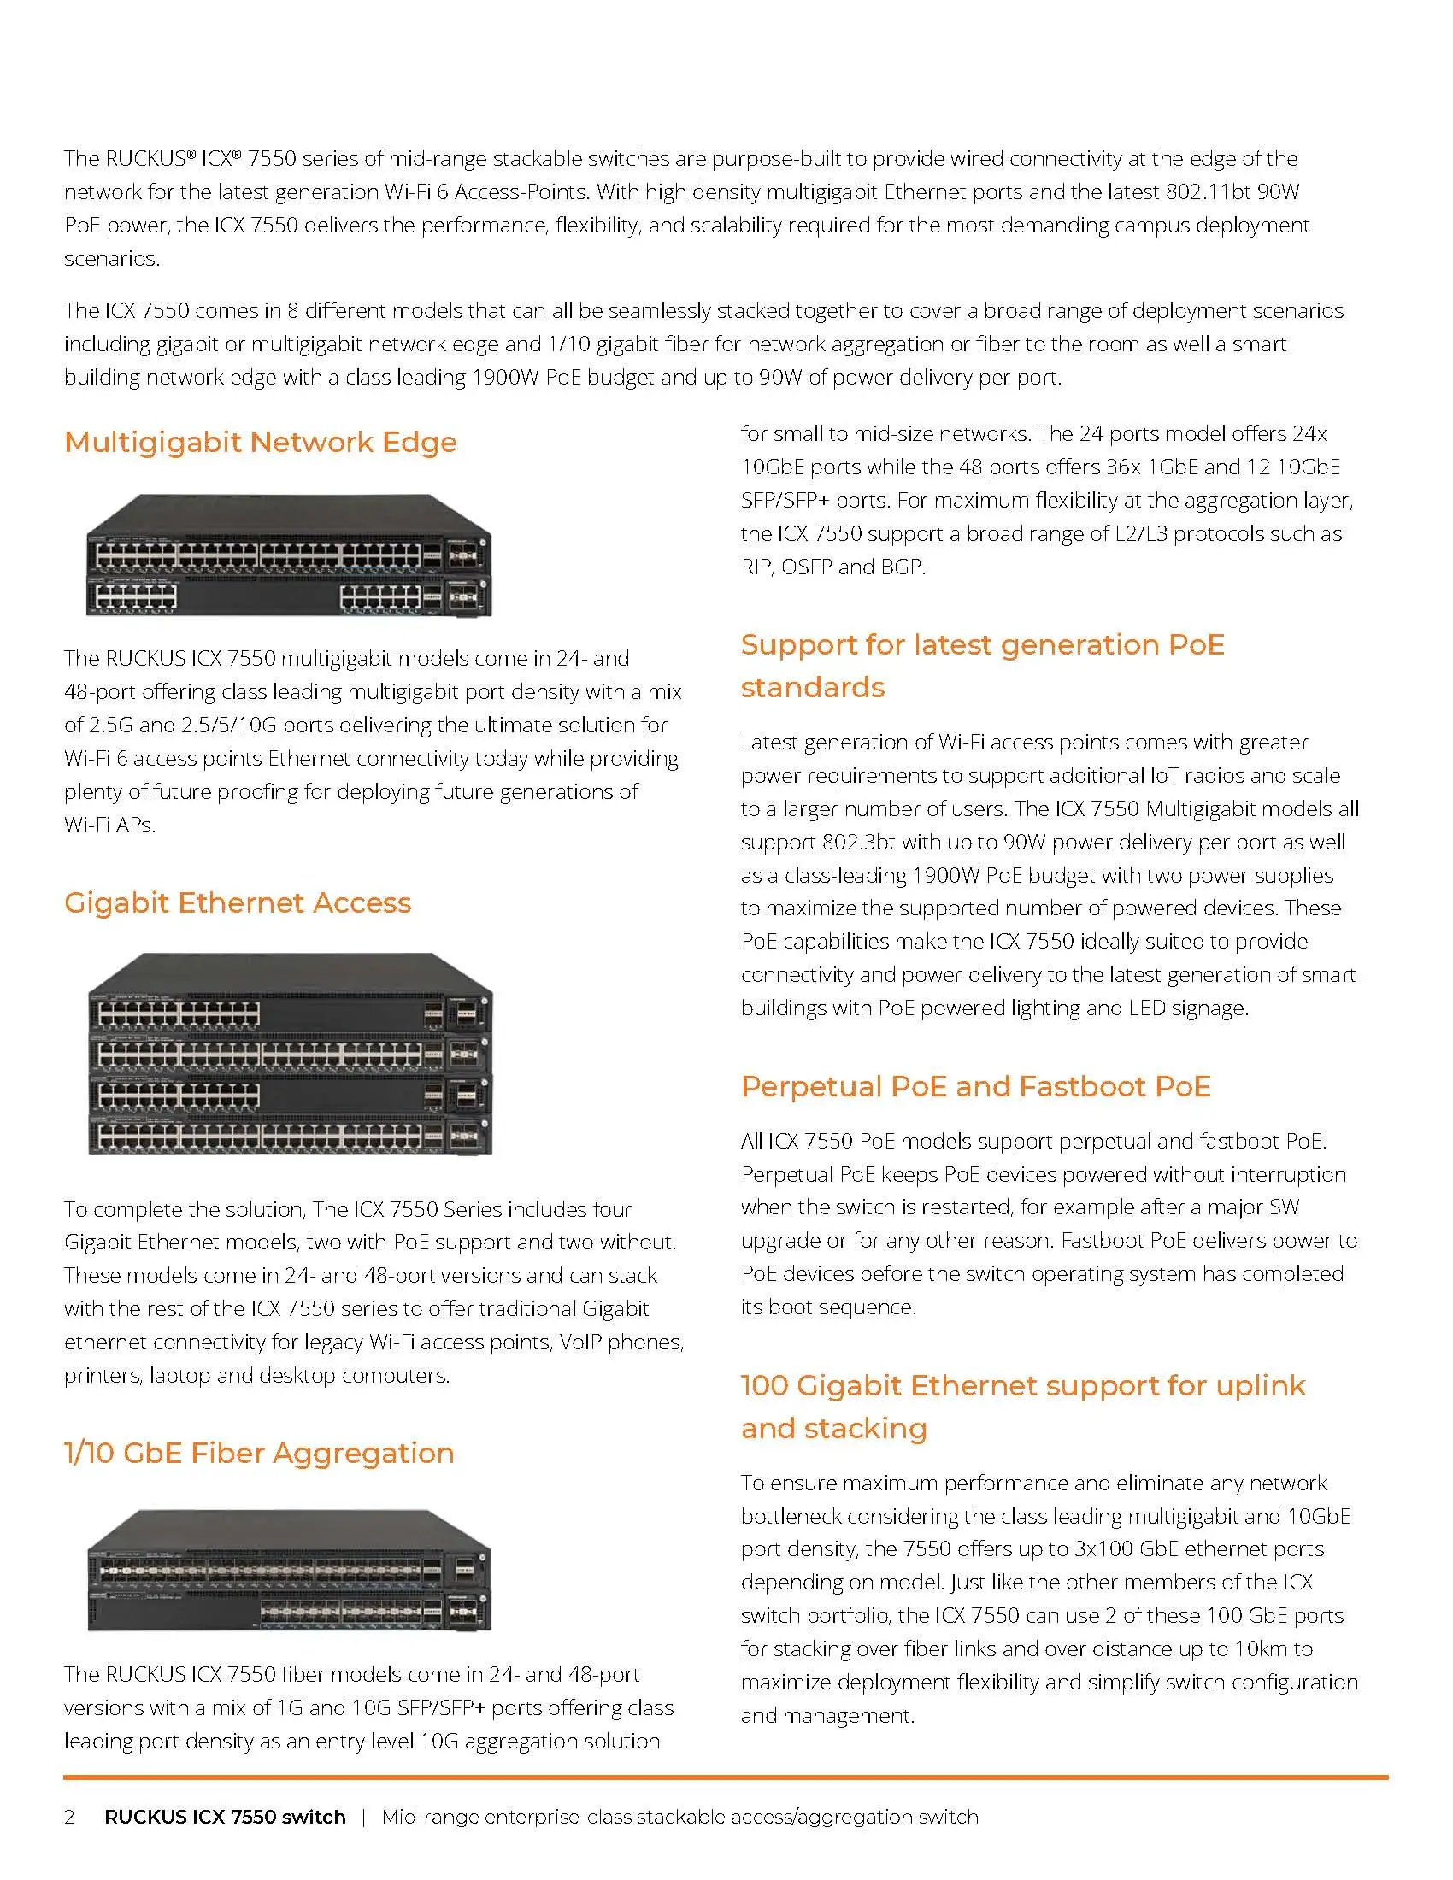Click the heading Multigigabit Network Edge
(260, 443)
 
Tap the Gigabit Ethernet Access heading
(238, 903)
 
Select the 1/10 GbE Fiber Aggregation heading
(258, 1453)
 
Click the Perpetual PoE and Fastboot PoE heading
(975, 1086)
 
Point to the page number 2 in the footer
(70, 1817)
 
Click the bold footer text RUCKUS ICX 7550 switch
(225, 1817)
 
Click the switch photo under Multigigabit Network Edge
(288, 555)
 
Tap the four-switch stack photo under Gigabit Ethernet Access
(290, 1054)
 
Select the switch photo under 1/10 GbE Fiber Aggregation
(289, 1569)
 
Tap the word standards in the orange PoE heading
(813, 688)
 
